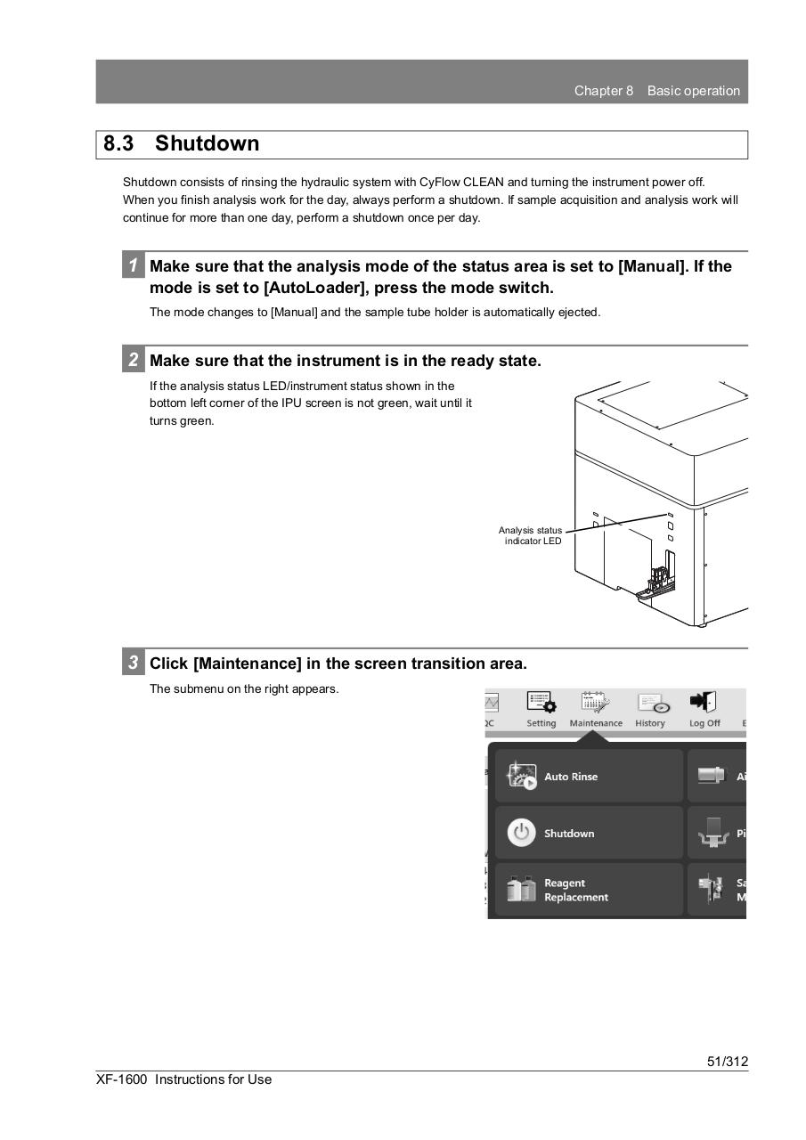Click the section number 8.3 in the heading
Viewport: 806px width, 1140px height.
point(118,144)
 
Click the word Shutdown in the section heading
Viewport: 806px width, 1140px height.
point(207,144)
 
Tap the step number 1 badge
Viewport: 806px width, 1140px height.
point(133,265)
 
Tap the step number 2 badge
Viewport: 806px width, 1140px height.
point(133,360)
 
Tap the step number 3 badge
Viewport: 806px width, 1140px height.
point(133,663)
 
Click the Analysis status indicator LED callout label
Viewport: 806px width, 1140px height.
point(531,535)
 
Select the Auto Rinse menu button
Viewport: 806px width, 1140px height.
point(589,777)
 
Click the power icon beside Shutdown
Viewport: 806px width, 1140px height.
point(521,833)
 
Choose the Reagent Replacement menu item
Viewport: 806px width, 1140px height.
point(589,890)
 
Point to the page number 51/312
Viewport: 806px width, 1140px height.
point(727,1061)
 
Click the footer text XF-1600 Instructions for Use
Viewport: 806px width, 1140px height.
point(184,1079)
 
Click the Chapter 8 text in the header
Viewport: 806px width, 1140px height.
point(604,91)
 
